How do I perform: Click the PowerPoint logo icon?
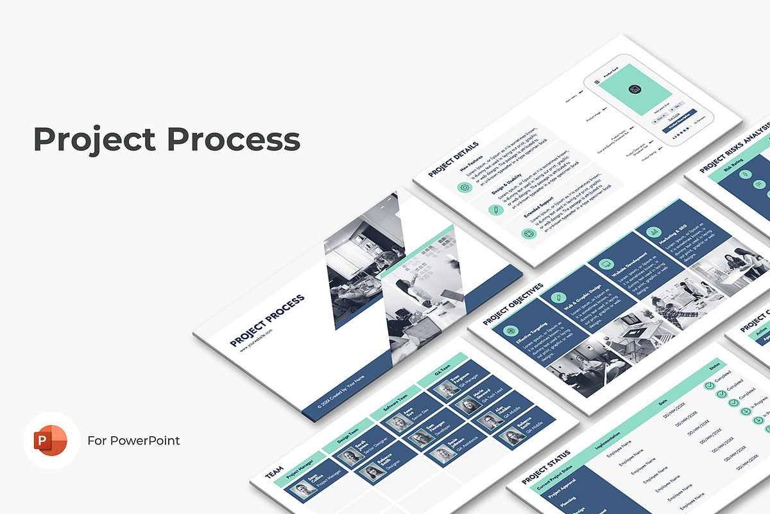(x=51, y=440)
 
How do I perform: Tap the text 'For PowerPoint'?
(x=133, y=441)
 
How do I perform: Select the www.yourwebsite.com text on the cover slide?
(x=257, y=340)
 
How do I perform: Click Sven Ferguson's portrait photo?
(x=444, y=390)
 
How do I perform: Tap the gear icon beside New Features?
(x=464, y=187)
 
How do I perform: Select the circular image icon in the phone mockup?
(x=635, y=89)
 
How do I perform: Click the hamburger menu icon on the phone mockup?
(x=597, y=82)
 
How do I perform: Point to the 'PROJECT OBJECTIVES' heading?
(x=513, y=303)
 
